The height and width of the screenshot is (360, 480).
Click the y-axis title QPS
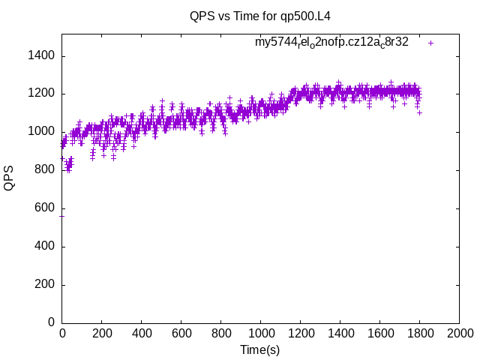point(9,178)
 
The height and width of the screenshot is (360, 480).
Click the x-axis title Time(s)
point(259,349)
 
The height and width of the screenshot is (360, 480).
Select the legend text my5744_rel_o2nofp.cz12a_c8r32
point(331,43)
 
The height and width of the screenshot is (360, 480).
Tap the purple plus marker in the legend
point(430,43)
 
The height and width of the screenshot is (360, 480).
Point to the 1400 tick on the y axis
point(40,56)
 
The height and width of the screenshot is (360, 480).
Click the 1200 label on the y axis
point(40,94)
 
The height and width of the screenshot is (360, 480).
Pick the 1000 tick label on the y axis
point(40,132)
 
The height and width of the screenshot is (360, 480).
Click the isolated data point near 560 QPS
point(61,216)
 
